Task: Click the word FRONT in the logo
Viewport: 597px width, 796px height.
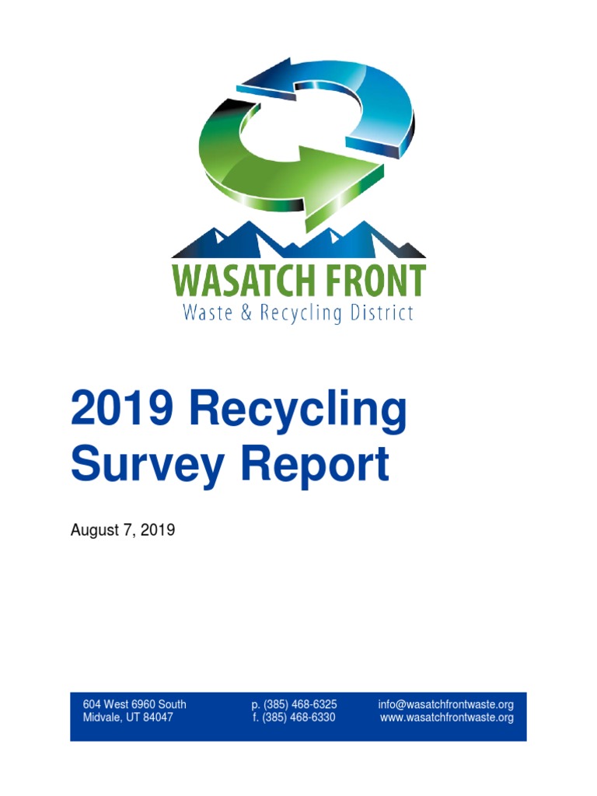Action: pyautogui.click(x=378, y=280)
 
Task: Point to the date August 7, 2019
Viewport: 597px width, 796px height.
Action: pyautogui.click(x=123, y=530)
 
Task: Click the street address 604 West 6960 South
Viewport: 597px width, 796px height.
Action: pyautogui.click(x=134, y=704)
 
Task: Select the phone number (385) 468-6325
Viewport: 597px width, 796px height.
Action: pyautogui.click(x=300, y=704)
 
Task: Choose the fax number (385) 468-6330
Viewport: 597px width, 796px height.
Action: pyautogui.click(x=299, y=717)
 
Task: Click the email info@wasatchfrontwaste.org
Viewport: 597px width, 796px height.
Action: pyautogui.click(x=446, y=704)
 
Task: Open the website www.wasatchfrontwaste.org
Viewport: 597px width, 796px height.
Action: pyautogui.click(x=447, y=717)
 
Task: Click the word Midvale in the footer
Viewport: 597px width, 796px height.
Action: pyautogui.click(x=102, y=717)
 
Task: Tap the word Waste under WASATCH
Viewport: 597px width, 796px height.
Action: pyautogui.click(x=204, y=313)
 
